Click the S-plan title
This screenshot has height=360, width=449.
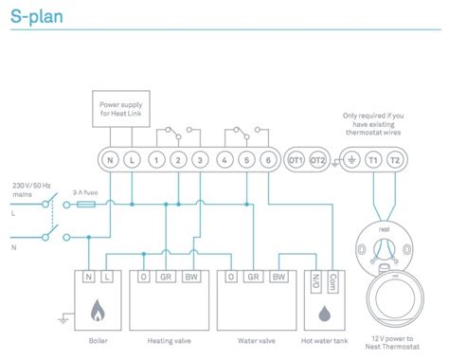35,16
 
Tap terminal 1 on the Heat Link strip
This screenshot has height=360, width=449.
153,161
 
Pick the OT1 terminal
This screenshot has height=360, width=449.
296,161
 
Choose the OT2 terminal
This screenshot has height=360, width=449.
318,161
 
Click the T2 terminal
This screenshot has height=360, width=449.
395,161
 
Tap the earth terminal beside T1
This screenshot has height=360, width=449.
350,161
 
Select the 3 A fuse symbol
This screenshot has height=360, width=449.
85,203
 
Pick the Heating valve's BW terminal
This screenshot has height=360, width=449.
192,277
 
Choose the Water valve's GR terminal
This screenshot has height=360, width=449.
253,277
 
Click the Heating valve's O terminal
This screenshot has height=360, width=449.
143,277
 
